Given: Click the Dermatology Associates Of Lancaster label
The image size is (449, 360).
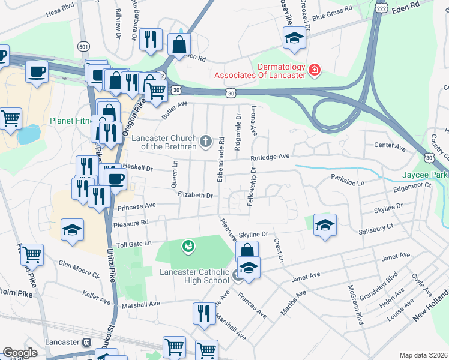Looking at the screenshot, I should pos(261,71).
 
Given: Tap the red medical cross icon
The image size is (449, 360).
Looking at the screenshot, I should pos(313,71).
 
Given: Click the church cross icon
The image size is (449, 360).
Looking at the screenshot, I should pos(206,142).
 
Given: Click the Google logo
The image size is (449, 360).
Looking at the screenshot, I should pos(20,352).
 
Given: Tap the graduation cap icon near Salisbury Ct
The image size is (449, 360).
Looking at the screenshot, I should pos(325,225).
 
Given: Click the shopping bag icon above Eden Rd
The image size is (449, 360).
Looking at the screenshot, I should pos(179,43).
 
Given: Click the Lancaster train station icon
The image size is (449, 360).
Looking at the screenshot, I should pos(86,342).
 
